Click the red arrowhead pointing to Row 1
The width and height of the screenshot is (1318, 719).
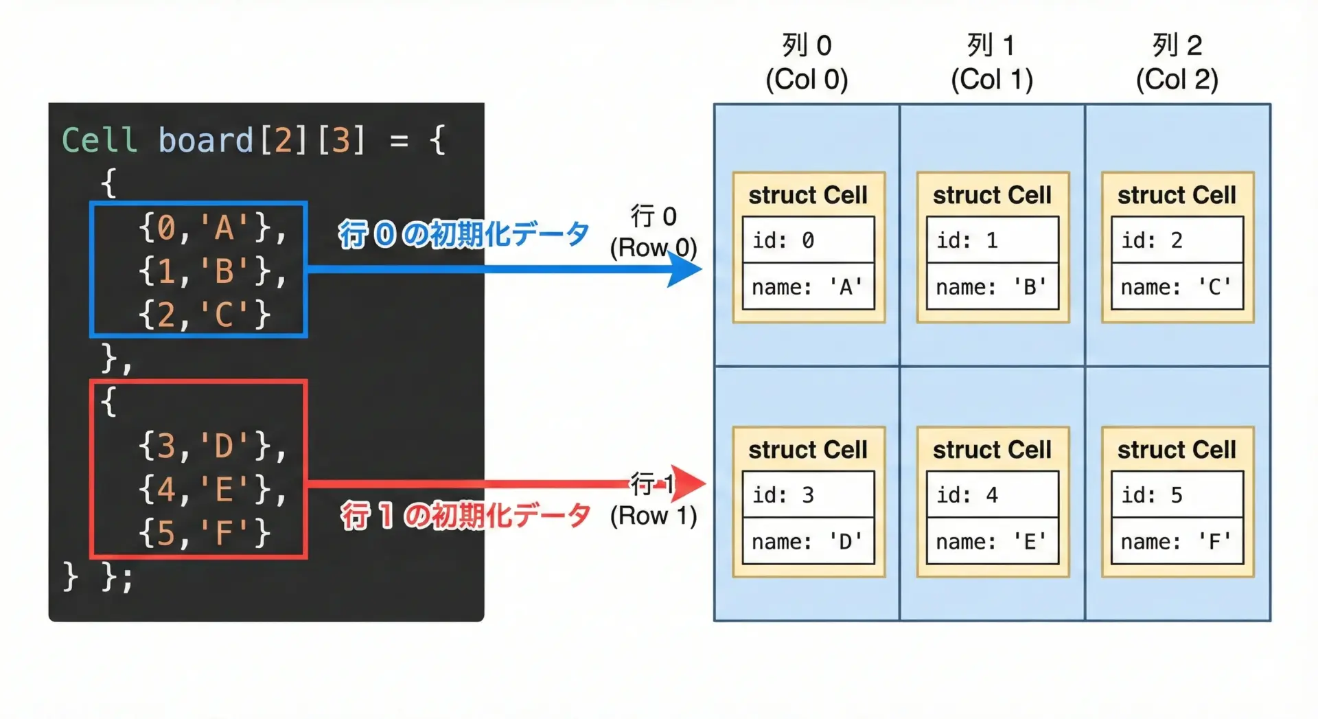[x=689, y=483]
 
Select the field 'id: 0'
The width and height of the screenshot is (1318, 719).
[x=808, y=240]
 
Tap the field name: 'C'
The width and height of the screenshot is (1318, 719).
[x=1177, y=286]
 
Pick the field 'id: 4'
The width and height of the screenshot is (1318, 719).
[x=992, y=494]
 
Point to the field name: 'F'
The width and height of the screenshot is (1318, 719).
[x=1177, y=541]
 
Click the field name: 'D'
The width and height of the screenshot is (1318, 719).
[x=808, y=541]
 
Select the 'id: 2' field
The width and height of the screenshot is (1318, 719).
[x=1177, y=240]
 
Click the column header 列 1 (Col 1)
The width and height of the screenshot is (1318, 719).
[x=991, y=62]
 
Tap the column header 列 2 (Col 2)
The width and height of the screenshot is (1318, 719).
[x=1177, y=62]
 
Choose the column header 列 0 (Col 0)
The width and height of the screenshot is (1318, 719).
[x=807, y=62]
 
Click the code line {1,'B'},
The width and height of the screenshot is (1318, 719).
[x=212, y=271]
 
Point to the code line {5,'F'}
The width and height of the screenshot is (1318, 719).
[x=205, y=533]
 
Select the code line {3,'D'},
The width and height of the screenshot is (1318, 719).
[x=212, y=446]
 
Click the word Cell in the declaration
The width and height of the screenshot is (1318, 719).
[x=100, y=140]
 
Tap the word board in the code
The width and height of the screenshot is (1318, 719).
[x=205, y=140]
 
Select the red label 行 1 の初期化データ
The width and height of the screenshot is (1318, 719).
[x=465, y=515]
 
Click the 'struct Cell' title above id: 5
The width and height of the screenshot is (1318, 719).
[x=1177, y=450]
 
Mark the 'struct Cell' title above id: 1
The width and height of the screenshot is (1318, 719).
[x=992, y=195]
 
